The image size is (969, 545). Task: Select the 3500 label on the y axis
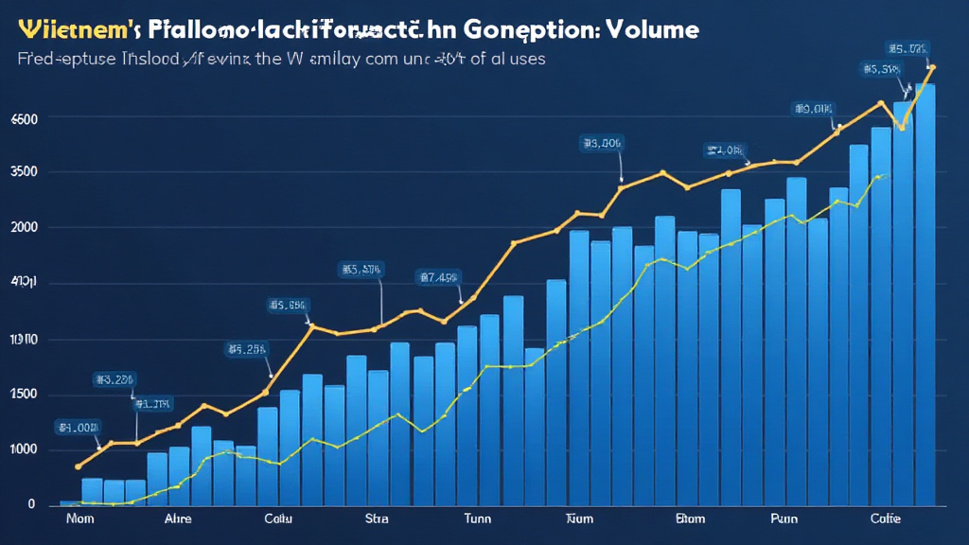coord(24,172)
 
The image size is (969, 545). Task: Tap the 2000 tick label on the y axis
coord(24,228)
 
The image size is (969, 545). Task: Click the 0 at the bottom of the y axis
coord(31,504)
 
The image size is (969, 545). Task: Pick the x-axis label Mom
coord(79,519)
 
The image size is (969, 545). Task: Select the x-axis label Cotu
coord(278,519)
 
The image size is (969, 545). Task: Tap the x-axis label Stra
coord(377,519)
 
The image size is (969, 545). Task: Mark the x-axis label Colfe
coord(886,519)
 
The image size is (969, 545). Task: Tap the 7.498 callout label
coord(437,277)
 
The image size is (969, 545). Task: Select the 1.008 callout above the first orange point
coord(78,428)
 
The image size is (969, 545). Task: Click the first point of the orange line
coord(78,466)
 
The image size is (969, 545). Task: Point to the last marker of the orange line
coord(932,67)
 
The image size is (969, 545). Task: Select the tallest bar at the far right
coord(925,293)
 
